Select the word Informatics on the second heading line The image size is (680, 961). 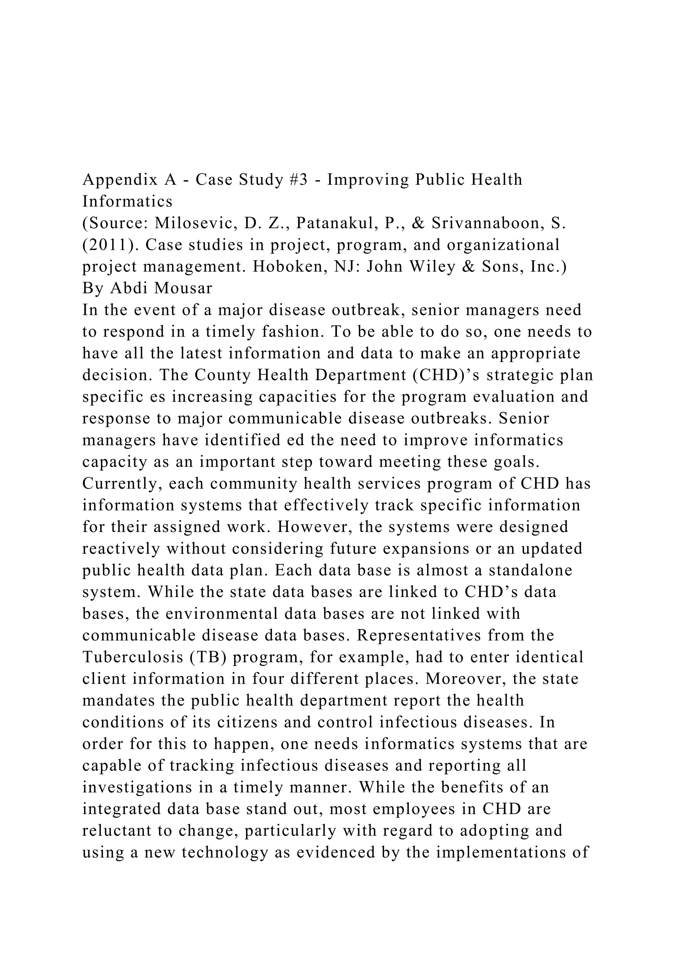127,202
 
